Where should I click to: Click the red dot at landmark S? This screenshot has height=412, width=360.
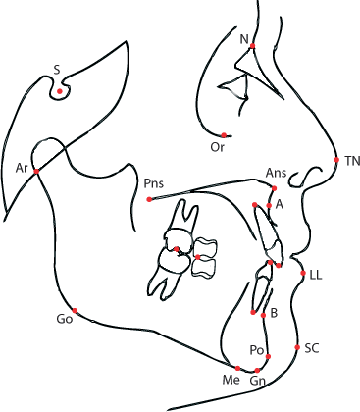60,92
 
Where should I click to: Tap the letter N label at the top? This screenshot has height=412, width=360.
243,38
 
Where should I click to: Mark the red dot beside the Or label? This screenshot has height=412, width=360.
224,135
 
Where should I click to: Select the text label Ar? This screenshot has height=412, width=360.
22,168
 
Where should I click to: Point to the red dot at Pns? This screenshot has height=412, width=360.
149,199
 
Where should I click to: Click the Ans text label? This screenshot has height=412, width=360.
276,174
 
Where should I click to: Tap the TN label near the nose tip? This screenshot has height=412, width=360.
350,160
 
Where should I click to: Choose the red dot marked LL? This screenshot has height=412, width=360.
303,273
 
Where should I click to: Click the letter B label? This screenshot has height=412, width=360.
274,313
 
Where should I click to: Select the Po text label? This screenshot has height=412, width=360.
256,349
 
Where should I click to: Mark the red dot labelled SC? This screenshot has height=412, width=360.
297,347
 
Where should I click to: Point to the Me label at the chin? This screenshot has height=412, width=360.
231,379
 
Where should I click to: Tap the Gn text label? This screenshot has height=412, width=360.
257,380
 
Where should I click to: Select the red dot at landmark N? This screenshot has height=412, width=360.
253,46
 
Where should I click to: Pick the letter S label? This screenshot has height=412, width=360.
57,70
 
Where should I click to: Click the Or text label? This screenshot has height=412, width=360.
219,148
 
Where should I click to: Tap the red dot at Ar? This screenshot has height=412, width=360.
36,172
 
